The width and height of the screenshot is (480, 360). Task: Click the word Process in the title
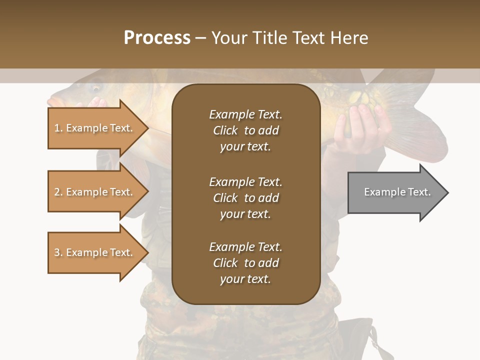157,38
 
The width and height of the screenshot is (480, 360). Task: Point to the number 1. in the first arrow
58,128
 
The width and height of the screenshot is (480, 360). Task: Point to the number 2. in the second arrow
58,192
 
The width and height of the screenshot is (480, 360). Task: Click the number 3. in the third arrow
58,252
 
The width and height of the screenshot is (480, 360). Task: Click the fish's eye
95,88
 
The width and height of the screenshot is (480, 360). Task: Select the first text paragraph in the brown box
245,130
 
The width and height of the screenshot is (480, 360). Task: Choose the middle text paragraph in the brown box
245,198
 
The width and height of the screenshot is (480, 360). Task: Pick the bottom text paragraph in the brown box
245,263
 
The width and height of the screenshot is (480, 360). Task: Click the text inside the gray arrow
397,192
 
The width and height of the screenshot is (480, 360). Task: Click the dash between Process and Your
201,38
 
